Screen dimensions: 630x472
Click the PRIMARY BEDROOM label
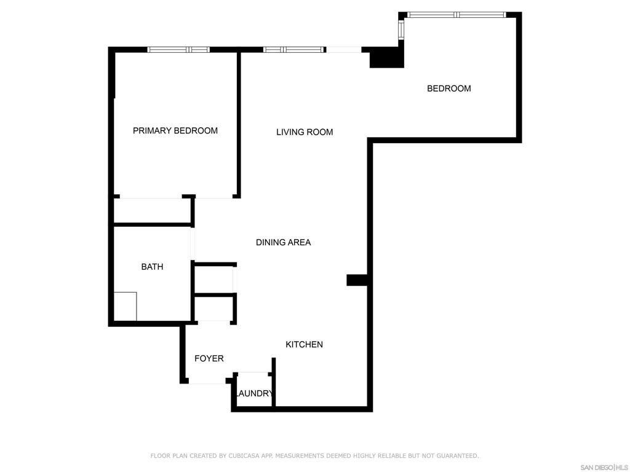tap(175, 130)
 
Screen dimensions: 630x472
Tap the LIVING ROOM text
tap(305, 132)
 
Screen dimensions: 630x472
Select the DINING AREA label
tap(283, 242)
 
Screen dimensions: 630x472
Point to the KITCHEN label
tap(304, 344)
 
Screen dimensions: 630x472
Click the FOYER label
tap(209, 358)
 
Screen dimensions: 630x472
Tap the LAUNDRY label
tap(255, 393)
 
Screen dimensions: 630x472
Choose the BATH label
tap(153, 267)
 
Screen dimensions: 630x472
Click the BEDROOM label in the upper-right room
tap(449, 88)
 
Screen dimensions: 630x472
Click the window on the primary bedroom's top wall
tap(178, 50)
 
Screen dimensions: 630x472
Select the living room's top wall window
tap(294, 50)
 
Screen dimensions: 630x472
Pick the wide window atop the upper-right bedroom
tap(457, 15)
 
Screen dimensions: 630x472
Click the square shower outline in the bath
tap(126, 306)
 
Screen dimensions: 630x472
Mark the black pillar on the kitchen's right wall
tap(357, 280)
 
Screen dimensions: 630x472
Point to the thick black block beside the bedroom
tap(386, 57)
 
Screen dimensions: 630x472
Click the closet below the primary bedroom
tap(152, 211)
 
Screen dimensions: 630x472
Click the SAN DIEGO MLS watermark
tap(604, 468)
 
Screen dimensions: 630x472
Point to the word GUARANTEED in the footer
tap(457, 456)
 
